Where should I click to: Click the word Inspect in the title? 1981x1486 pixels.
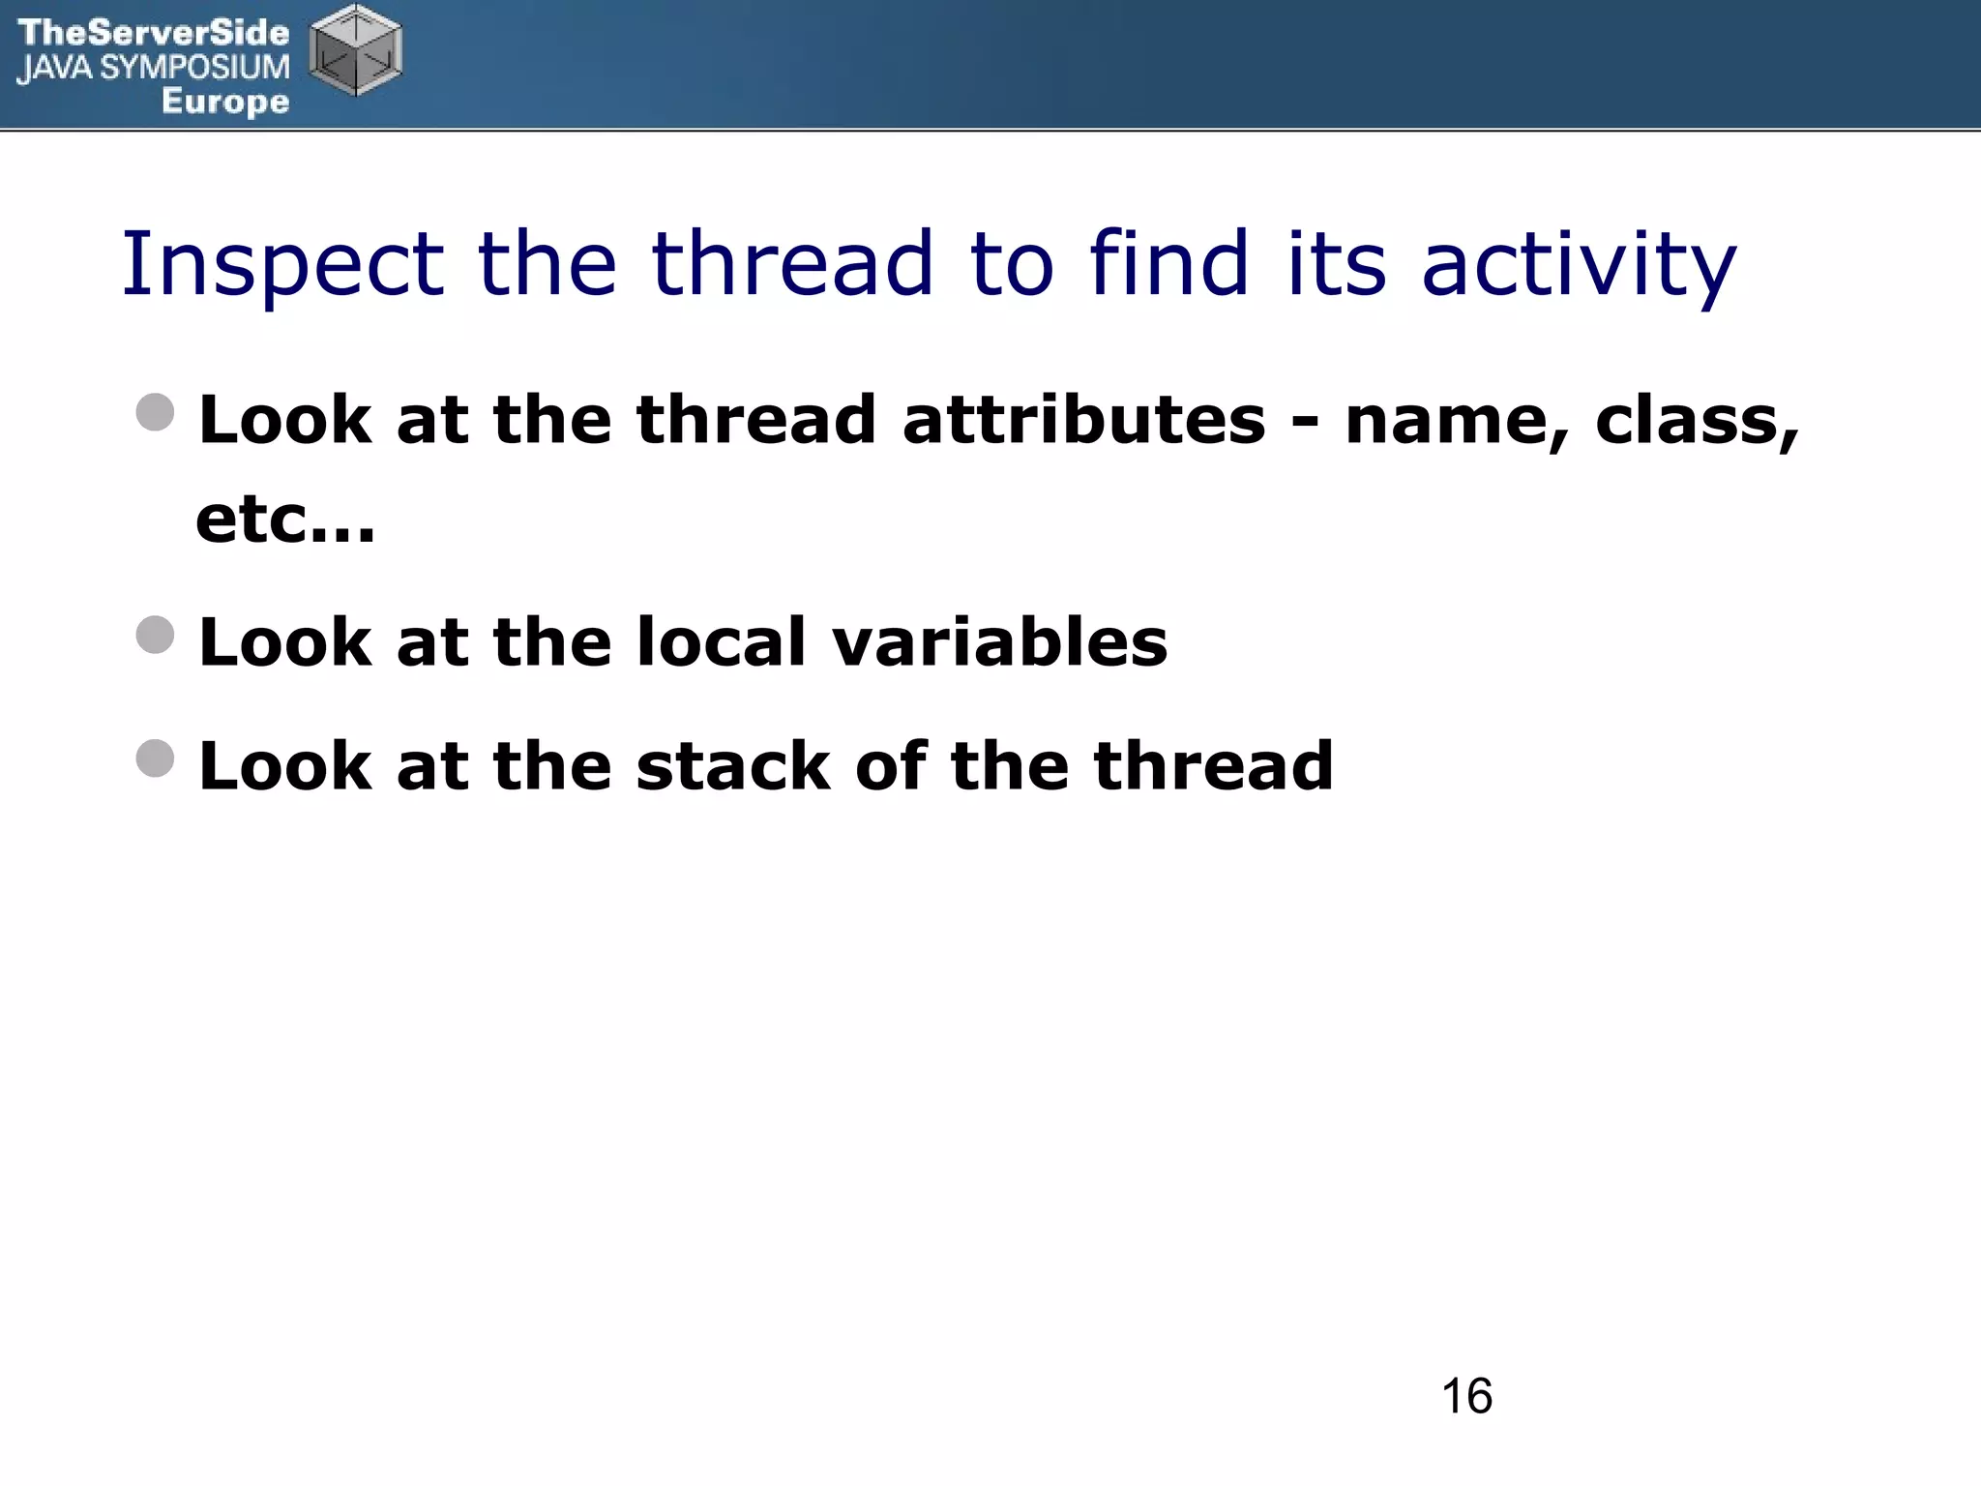click(281, 265)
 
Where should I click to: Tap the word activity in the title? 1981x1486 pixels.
click(1579, 265)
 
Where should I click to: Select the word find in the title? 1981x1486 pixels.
click(1169, 263)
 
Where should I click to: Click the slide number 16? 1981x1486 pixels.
click(1466, 1397)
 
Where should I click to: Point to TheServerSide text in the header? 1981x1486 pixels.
click(153, 33)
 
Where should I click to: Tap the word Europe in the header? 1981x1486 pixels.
click(225, 102)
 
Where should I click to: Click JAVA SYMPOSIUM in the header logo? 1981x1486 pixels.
click(153, 68)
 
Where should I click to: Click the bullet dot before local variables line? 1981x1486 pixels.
click(156, 635)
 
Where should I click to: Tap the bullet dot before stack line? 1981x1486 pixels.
click(156, 758)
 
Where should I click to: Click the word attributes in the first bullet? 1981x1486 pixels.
click(1083, 421)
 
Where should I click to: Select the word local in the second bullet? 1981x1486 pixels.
click(721, 642)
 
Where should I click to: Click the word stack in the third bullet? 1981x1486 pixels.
click(733, 766)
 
